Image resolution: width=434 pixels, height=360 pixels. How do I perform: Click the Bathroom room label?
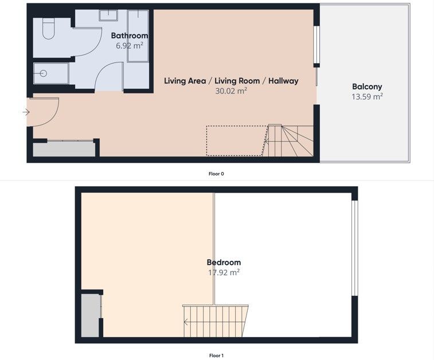(x=129, y=36)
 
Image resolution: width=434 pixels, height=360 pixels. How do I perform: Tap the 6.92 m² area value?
(x=129, y=45)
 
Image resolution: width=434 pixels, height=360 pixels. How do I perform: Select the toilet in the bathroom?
(x=48, y=29)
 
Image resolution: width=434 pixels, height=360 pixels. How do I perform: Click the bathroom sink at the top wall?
(x=108, y=15)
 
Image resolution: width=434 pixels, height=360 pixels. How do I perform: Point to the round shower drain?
(x=43, y=73)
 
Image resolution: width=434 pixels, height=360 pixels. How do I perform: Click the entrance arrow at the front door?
(x=26, y=112)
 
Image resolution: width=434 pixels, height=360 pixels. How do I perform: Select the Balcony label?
(x=367, y=87)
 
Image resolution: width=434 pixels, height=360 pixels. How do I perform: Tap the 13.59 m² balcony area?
(x=367, y=96)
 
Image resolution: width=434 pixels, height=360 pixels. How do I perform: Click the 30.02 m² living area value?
(x=231, y=91)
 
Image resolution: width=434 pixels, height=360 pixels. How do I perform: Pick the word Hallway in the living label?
(x=283, y=81)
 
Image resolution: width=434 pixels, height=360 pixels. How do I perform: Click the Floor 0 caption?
(x=216, y=174)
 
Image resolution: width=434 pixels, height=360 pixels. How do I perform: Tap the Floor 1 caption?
(x=216, y=355)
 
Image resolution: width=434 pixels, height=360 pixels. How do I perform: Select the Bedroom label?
(x=224, y=263)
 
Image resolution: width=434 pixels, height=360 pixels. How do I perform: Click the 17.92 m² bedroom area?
(x=224, y=272)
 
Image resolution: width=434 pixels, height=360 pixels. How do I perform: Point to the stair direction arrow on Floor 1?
(x=186, y=322)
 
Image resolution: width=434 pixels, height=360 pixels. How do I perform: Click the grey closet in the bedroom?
(x=90, y=315)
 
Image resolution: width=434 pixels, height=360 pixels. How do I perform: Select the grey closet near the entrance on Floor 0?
(x=64, y=150)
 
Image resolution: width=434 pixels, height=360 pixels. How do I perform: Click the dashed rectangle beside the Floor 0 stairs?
(x=237, y=140)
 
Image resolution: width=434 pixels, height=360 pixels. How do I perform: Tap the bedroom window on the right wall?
(x=354, y=248)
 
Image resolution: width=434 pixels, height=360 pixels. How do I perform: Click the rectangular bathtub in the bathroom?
(x=138, y=36)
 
